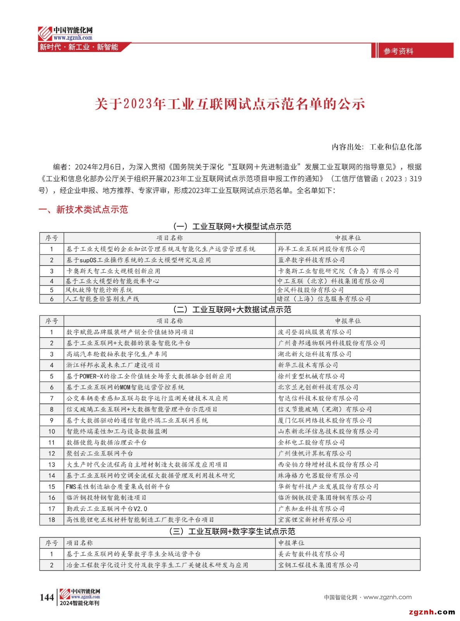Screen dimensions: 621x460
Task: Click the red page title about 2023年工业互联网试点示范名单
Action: tap(230, 104)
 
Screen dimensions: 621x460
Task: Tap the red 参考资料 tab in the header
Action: tap(398, 51)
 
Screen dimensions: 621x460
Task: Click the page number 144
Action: tap(47, 597)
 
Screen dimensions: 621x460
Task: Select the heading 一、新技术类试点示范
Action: tap(83, 210)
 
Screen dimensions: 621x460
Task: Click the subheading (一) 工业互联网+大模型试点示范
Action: tap(232, 226)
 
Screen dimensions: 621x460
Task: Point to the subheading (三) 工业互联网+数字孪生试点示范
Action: tap(232, 531)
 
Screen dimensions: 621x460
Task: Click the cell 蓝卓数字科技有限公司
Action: tap(311, 260)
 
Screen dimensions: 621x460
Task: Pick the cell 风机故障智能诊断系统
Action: tap(99, 290)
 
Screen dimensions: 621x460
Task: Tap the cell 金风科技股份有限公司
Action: tap(310, 290)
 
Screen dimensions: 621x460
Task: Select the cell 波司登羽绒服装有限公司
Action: tap(315, 332)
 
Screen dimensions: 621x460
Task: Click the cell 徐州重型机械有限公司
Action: tap(311, 376)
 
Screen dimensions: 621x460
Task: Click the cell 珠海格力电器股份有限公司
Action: tap(318, 475)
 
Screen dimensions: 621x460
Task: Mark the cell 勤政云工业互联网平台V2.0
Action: tap(107, 508)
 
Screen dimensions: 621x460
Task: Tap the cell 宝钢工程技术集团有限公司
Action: tap(318, 565)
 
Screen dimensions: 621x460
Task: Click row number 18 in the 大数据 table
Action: tap(52, 520)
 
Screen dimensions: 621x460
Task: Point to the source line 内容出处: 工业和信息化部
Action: tap(376, 147)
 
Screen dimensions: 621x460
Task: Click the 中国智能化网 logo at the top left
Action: tap(65, 33)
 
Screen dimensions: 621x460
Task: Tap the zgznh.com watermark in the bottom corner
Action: tap(432, 612)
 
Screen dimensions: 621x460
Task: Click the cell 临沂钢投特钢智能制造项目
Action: tap(106, 498)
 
